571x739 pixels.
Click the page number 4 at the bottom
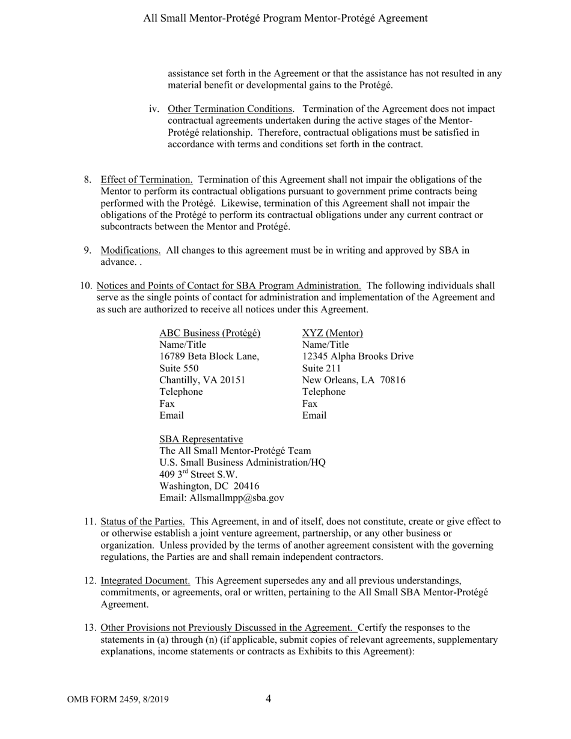pos(268,698)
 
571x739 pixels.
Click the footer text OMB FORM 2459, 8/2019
pos(118,699)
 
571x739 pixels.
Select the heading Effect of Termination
pos(147,179)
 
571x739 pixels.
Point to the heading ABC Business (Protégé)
pos(210,333)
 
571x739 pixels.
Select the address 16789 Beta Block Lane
pos(209,356)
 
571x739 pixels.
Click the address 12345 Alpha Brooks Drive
pos(358,356)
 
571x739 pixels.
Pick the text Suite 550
pos(179,368)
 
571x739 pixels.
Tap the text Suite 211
pos(322,368)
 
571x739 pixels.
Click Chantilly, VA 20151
pos(202,380)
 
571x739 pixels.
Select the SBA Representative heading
pos(201,439)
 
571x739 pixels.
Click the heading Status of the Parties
pos(142,522)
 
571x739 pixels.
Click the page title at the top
pos(285,18)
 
